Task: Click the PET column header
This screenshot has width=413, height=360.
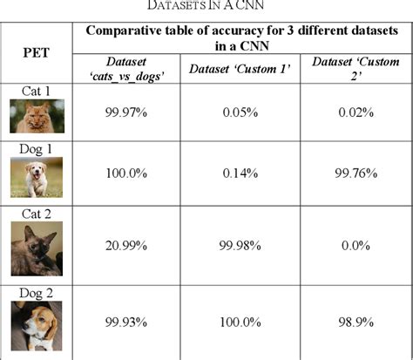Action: [x=37, y=52]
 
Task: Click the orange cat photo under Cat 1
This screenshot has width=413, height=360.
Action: [x=37, y=116]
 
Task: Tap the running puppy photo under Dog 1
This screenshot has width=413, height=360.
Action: [x=37, y=178]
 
